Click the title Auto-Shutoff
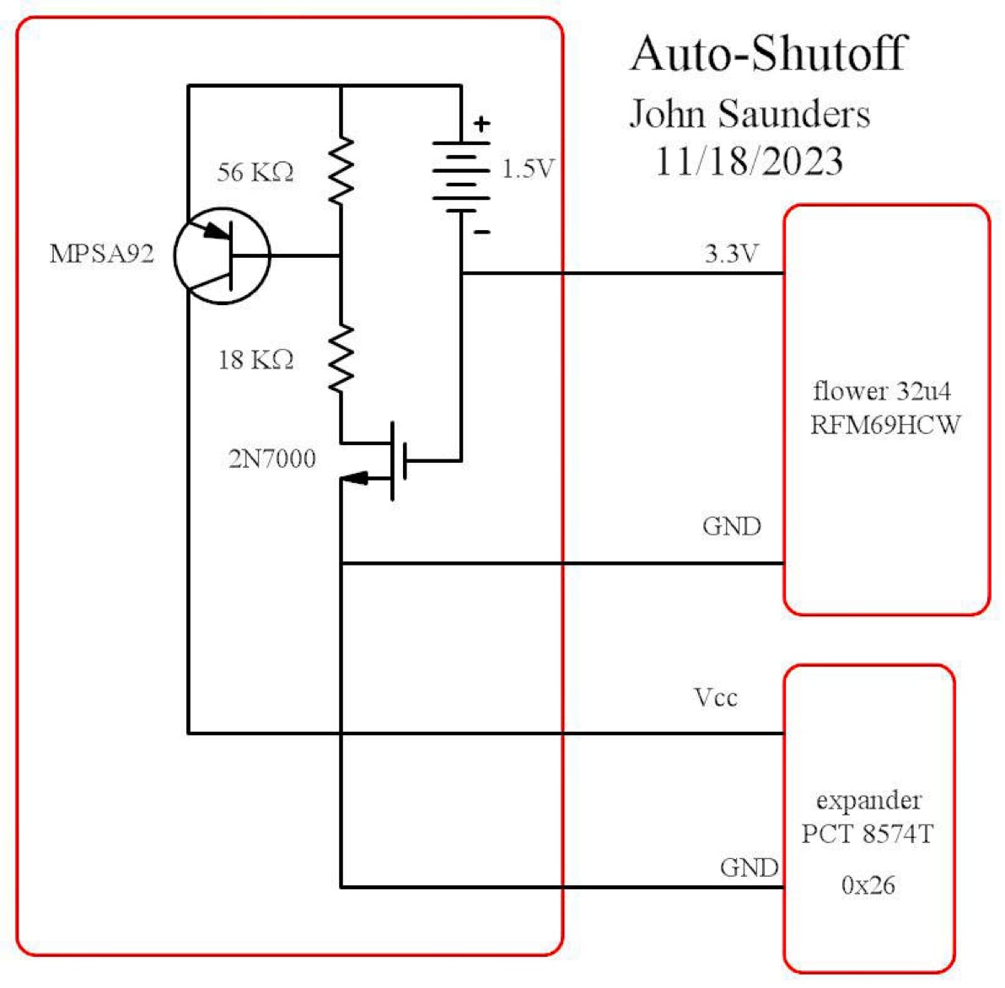768,54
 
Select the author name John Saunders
750,114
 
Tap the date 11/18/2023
750,160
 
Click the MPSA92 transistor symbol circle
222,255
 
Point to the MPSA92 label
102,254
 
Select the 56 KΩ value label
255,173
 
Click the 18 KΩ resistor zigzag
341,358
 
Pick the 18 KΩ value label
255,361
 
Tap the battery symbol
461,175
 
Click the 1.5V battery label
528,169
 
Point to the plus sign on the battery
481,125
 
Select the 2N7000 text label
272,459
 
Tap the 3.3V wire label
731,254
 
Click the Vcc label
715,698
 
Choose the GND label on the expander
749,867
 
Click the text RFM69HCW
885,425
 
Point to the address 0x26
868,885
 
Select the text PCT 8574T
868,834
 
